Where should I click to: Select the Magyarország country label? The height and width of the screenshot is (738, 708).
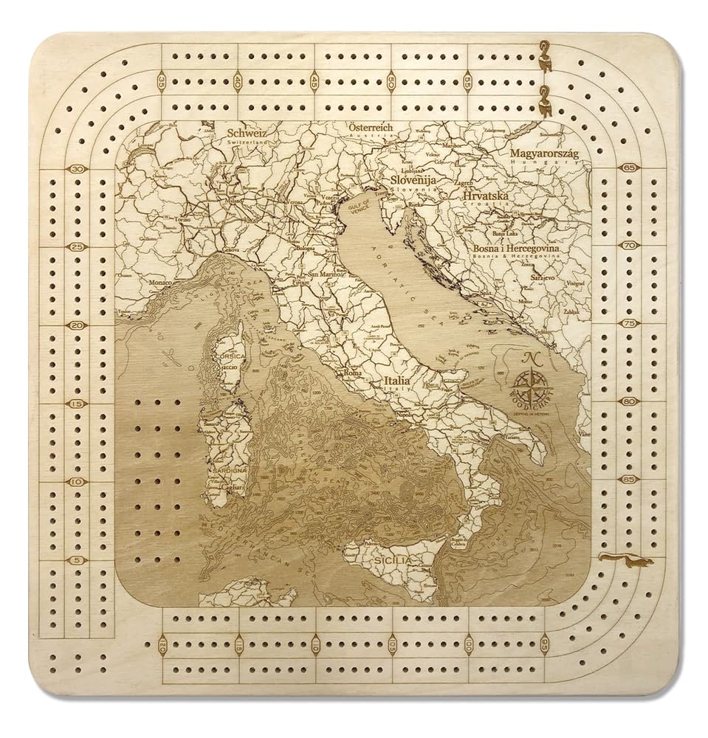pos(544,153)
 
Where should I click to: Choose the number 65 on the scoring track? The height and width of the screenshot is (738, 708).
pos(629,168)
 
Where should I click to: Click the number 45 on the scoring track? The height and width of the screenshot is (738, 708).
pos(315,81)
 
